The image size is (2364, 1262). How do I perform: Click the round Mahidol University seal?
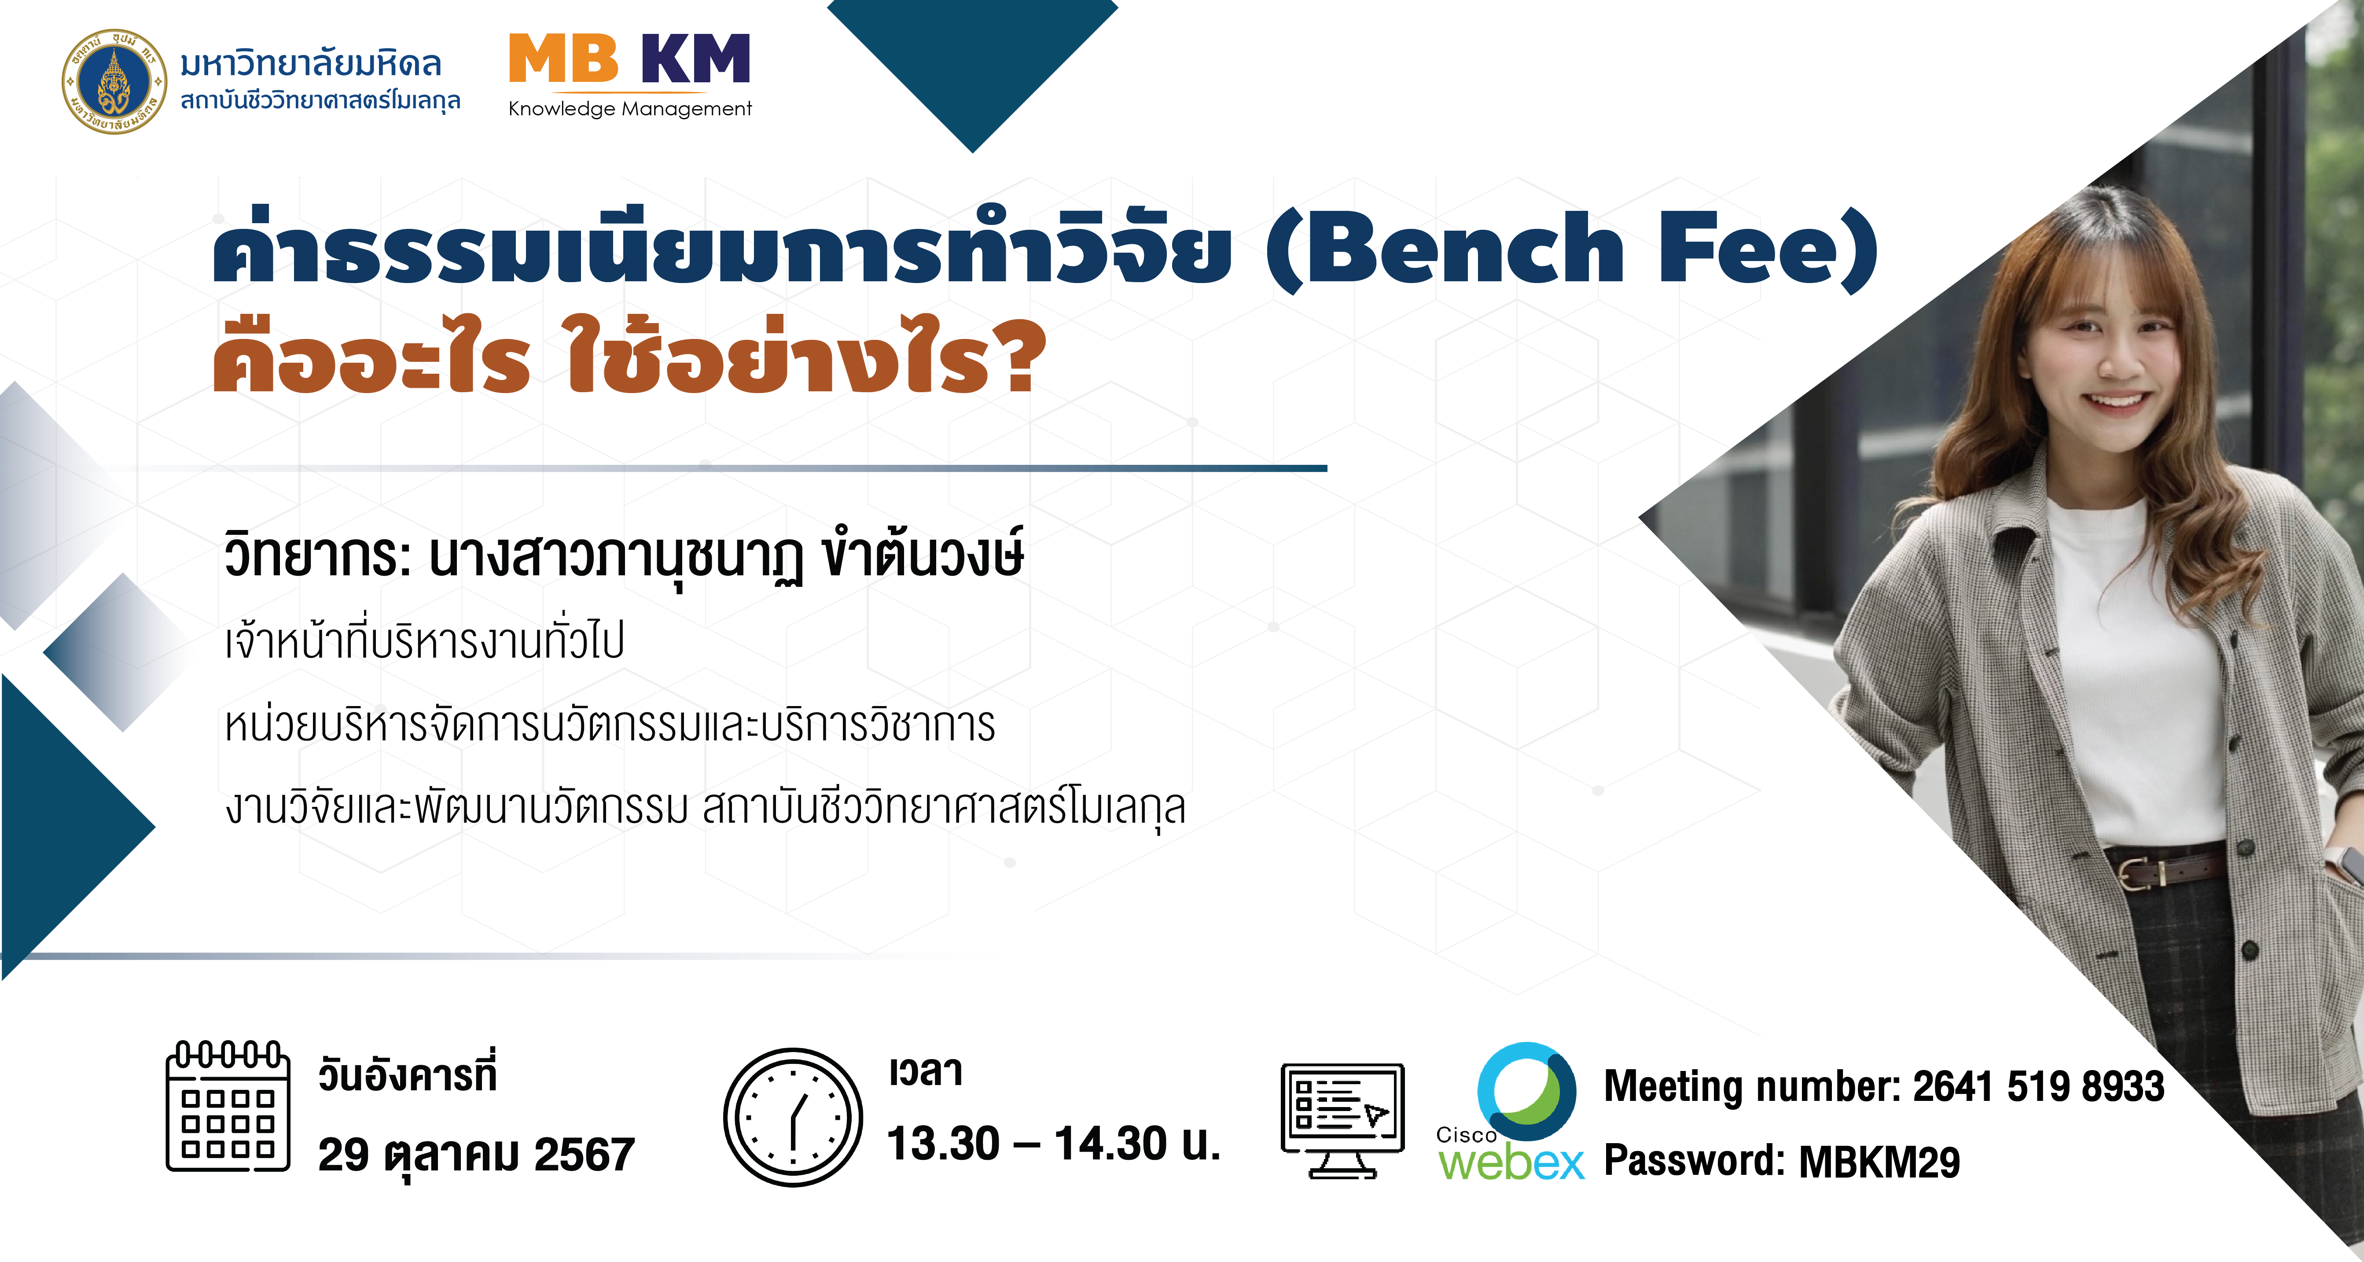pos(115,81)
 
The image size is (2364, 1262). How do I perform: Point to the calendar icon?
pos(228,1107)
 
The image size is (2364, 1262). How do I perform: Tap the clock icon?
pos(793,1117)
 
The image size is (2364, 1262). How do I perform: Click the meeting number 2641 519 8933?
pos(2038,1087)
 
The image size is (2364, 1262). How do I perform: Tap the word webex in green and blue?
pos(1511,1163)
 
